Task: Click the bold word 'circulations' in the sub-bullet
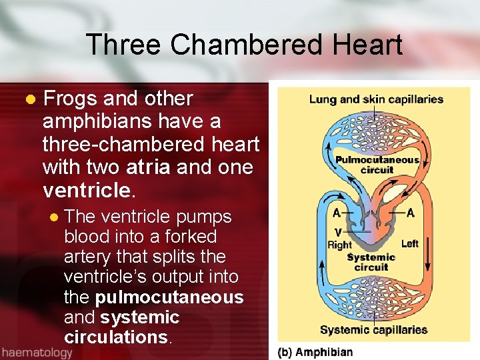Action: [x=115, y=337]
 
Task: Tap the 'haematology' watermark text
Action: [x=37, y=352]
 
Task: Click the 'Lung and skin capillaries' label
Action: [x=376, y=99]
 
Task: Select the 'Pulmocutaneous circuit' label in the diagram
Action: [x=377, y=164]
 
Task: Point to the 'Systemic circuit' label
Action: [x=371, y=262]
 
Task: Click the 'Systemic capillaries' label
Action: [x=373, y=329]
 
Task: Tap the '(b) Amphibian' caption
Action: [x=315, y=351]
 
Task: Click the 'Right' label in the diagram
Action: [x=340, y=245]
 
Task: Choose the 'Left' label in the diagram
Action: [x=410, y=244]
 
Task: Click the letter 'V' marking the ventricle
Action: [x=339, y=231]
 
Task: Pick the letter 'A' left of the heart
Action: [x=337, y=213]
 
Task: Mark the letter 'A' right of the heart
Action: [x=410, y=213]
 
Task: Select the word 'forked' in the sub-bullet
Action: [x=188, y=237]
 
